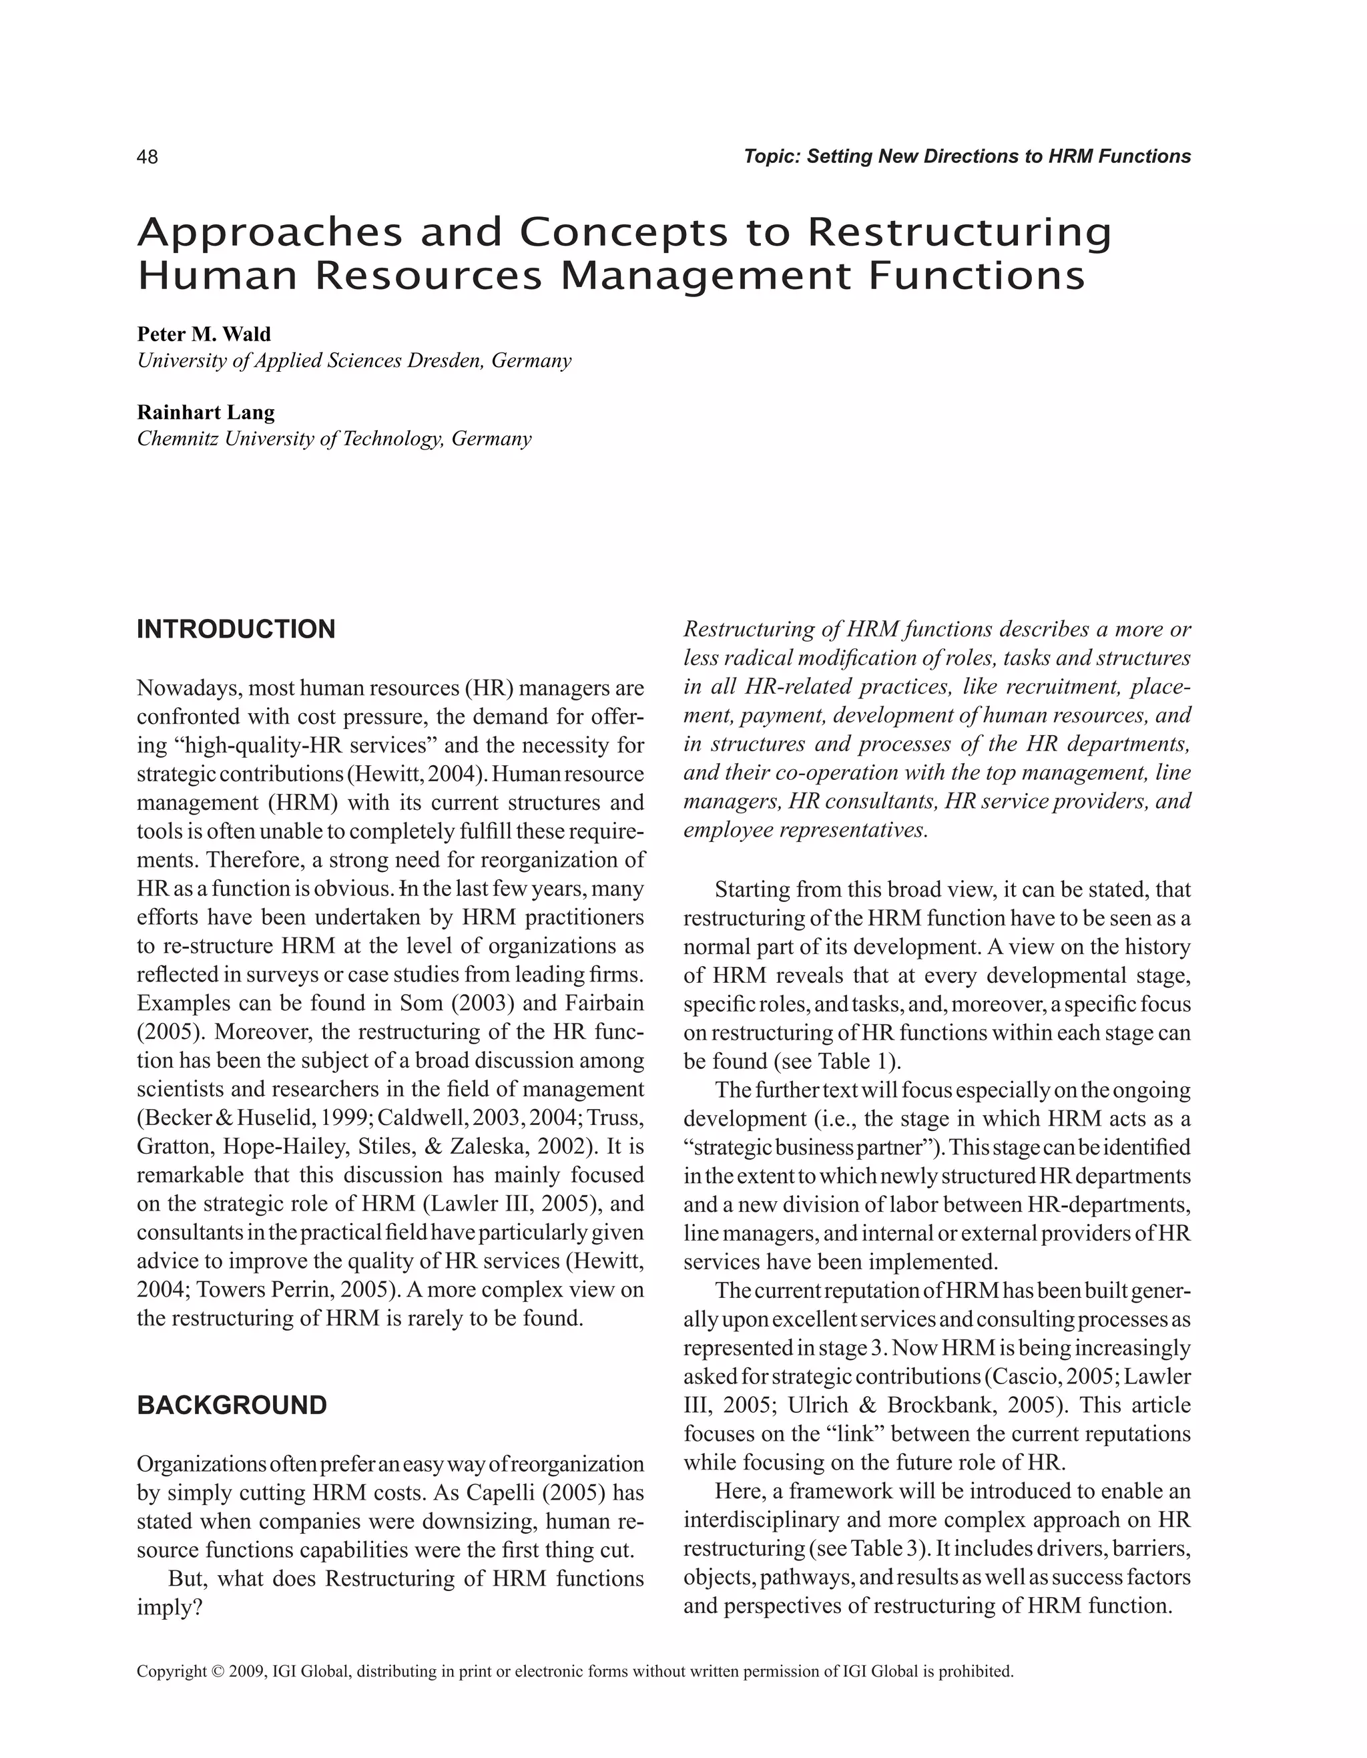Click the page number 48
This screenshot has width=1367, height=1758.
click(148, 157)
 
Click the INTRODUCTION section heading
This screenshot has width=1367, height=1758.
click(236, 630)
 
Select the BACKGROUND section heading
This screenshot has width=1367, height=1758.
click(232, 1405)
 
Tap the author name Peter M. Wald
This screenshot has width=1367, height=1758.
click(204, 334)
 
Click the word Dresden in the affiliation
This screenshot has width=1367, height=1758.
click(443, 361)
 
